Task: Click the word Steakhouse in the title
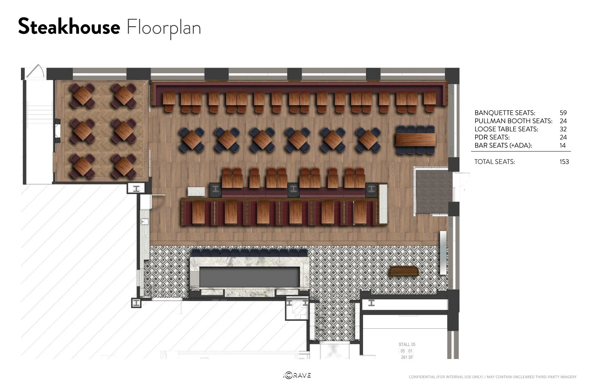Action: [69, 27]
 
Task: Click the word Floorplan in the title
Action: [164, 28]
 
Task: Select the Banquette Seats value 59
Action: [563, 113]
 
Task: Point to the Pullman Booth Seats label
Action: [513, 121]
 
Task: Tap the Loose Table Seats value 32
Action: [563, 129]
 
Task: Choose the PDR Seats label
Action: [492, 137]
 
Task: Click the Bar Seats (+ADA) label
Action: [503, 145]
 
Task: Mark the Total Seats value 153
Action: [564, 161]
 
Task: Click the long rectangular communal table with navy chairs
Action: [416, 140]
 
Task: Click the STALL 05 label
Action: [407, 344]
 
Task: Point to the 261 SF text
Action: [407, 357]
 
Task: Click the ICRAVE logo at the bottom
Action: [297, 375]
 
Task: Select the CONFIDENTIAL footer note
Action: [493, 377]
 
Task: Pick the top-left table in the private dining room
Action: [83, 95]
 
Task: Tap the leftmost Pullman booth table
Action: [198, 213]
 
